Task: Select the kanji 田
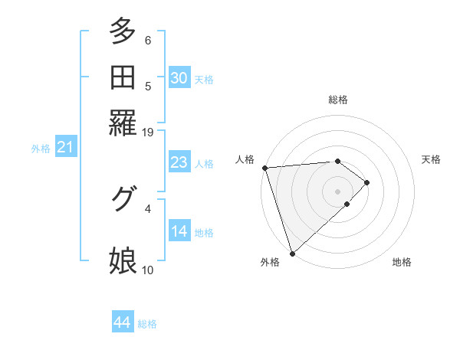coord(123,77)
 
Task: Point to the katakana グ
coord(122,198)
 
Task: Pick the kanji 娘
coord(123,260)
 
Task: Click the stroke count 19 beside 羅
coord(148,132)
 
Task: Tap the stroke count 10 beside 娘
coord(148,270)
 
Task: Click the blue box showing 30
coord(179,78)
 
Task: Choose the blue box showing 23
coord(179,162)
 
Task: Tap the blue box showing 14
coord(179,231)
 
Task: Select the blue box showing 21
coord(64,148)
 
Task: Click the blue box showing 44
coord(122,322)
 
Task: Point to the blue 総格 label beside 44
coord(147,324)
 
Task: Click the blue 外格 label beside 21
coord(41,149)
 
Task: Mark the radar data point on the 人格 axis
coord(264,168)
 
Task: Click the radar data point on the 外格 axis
coord(292,253)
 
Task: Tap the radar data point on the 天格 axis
coord(367,182)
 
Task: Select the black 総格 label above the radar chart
coord(338,100)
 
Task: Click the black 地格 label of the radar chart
coord(402,262)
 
